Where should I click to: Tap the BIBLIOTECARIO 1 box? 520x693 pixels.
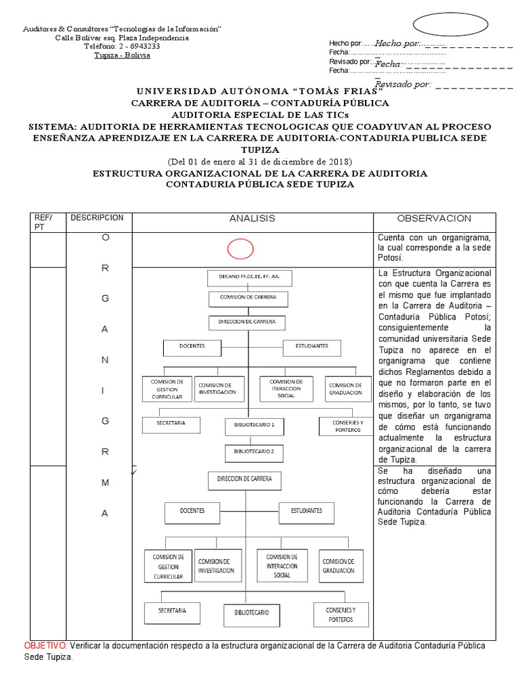point(254,426)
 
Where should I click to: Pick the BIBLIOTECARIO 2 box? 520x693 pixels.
point(254,451)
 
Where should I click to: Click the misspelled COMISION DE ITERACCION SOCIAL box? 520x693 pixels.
point(286,389)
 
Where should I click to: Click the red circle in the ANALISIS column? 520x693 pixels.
point(240,249)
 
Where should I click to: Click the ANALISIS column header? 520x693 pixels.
point(252,219)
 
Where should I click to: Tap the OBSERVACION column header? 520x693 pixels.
point(433,219)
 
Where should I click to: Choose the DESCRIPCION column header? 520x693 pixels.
point(97,218)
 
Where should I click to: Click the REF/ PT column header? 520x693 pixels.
point(43,222)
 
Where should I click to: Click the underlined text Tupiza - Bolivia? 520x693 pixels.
point(123,55)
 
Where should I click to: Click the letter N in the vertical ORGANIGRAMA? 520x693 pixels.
point(104,359)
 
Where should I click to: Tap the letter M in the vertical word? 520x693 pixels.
point(104,482)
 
